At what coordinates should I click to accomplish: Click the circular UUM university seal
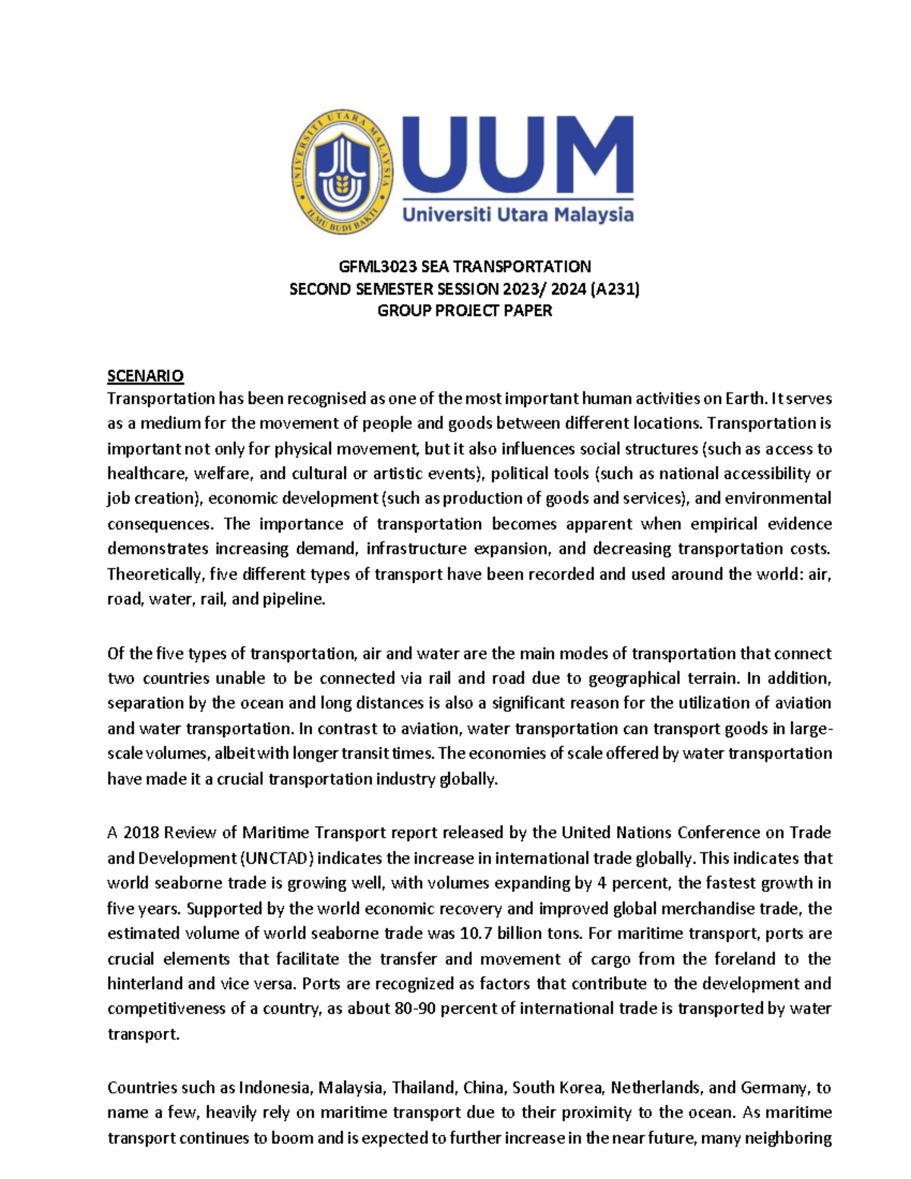tap(342, 174)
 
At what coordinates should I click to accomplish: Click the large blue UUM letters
tap(518, 156)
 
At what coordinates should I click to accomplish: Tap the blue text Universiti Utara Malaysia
tap(518, 216)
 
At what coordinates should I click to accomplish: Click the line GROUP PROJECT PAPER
tap(465, 311)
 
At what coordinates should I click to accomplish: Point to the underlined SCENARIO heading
tap(145, 376)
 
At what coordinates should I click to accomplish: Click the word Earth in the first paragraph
tap(745, 399)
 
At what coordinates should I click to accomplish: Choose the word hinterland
tap(145, 983)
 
